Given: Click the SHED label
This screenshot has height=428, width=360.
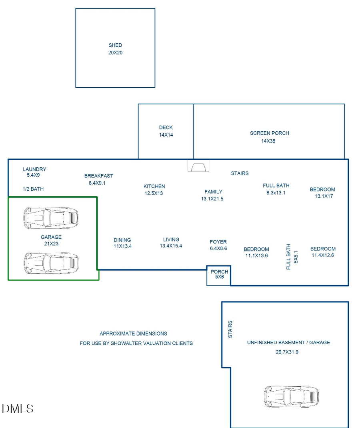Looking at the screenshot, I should click(115, 45).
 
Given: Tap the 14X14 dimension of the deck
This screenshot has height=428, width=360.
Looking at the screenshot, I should click(166, 135).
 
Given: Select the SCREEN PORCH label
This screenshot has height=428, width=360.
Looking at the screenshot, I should click(269, 133).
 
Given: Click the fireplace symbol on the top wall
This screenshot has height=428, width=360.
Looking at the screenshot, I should click(199, 166).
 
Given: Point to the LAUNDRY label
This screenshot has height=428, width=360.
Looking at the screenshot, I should click(34, 169).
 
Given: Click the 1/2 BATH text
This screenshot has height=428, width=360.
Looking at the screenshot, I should click(33, 189).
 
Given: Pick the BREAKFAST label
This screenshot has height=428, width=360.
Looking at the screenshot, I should click(98, 176).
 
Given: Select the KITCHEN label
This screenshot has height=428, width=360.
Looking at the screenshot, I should click(154, 186).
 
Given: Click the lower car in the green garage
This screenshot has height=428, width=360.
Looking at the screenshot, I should click(51, 263).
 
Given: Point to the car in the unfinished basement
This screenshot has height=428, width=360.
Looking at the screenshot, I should click(291, 397).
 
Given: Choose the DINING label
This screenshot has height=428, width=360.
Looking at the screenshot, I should click(122, 240).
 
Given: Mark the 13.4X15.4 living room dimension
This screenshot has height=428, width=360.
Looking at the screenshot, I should click(171, 246).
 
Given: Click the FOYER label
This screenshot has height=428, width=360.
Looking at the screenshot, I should click(218, 242).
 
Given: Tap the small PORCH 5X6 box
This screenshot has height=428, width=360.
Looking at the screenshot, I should click(219, 275).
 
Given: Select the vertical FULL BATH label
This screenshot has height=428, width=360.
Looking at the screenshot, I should click(288, 256).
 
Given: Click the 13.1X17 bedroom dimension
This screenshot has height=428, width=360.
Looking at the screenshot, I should click(324, 196).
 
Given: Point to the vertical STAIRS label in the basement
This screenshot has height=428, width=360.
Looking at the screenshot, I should click(230, 329).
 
